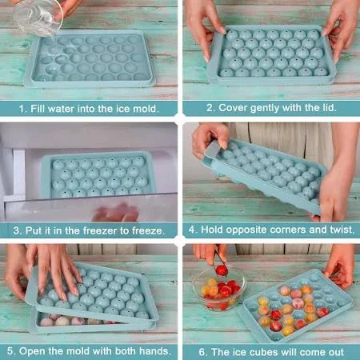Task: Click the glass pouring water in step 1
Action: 38,18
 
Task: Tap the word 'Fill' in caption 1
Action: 38,109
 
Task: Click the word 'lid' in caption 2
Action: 329,108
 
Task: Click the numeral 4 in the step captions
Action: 192,230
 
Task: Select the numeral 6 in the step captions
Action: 202,352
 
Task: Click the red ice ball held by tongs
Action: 222,270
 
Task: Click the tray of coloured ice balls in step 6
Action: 295,306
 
